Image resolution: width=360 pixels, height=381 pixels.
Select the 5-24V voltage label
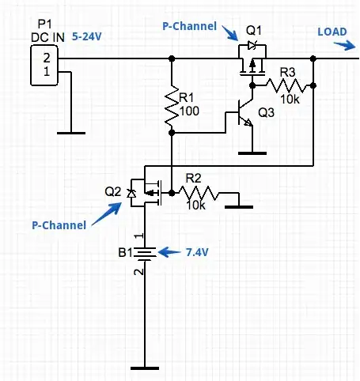[91, 36]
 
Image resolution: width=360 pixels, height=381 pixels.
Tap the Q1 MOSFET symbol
[252, 62]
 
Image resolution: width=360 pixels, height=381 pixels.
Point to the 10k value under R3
[290, 98]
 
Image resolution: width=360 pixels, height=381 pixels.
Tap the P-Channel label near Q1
[189, 26]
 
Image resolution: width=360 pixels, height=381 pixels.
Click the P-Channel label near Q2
[58, 225]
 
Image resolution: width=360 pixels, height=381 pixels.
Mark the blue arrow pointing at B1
[169, 252]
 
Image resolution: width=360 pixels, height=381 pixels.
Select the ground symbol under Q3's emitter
[251, 149]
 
